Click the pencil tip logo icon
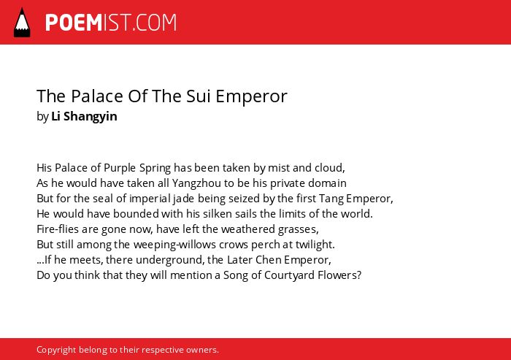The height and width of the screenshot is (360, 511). click(22, 22)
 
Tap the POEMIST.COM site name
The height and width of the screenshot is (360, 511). click(111, 23)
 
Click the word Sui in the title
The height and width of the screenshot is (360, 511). click(199, 96)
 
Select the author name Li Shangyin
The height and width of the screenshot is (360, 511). click(84, 116)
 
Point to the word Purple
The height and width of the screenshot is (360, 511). click(120, 168)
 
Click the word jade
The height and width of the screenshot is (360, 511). click(183, 199)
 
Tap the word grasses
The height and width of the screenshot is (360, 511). click(298, 229)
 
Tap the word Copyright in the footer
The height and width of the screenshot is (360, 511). click(56, 350)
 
